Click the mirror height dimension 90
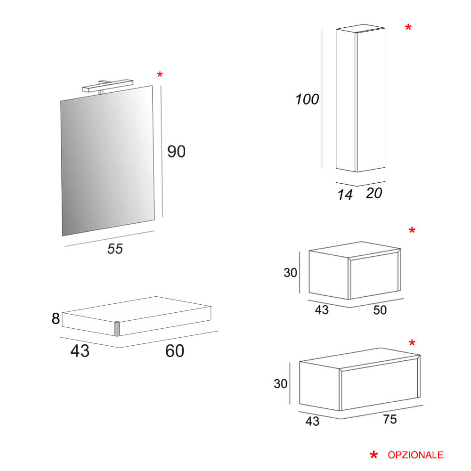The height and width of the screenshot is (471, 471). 176,151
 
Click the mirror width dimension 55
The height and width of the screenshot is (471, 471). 115,249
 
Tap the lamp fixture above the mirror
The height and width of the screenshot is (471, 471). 107,86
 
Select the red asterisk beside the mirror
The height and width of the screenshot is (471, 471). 160,74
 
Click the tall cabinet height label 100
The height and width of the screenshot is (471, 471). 307,99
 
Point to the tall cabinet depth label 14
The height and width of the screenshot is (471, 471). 345,195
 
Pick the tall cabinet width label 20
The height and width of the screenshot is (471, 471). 374,193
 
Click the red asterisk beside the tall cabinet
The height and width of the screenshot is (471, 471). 408,27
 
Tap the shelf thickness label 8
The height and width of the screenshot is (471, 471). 56,318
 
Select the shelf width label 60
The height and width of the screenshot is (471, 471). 175,351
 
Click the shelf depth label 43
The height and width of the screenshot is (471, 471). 80,351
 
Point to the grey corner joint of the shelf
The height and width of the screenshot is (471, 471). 117,329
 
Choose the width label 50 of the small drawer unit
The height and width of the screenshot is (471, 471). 380,310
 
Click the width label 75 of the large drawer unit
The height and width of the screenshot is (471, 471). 390,419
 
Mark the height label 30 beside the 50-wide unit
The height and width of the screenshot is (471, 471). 291,273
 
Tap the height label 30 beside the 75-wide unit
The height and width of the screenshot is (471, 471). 281,383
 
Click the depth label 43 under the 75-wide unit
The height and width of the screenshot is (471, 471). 312,421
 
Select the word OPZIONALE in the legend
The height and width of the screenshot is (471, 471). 415,455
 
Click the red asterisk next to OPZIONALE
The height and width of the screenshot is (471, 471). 374,455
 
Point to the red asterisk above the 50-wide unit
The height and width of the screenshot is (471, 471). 412,230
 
